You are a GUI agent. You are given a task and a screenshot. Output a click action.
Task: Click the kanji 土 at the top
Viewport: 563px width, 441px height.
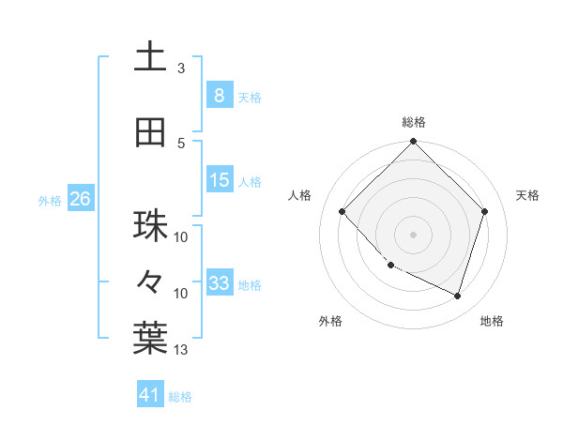pyautogui.click(x=150, y=57)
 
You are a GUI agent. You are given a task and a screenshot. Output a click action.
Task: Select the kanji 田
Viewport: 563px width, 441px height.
pyautogui.click(x=150, y=133)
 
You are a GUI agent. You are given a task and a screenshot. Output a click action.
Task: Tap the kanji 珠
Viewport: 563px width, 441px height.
pyautogui.click(x=150, y=226)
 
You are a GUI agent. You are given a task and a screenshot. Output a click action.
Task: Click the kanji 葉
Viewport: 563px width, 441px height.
pyautogui.click(x=150, y=339)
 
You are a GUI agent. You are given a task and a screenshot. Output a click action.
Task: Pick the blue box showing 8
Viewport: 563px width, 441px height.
pyautogui.click(x=219, y=95)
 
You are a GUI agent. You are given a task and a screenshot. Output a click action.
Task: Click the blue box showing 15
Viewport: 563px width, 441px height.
pyautogui.click(x=219, y=180)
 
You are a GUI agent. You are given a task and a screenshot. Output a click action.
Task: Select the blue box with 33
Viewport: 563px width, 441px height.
pyautogui.click(x=219, y=283)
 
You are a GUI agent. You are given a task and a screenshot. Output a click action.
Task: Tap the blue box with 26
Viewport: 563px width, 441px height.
pyautogui.click(x=80, y=199)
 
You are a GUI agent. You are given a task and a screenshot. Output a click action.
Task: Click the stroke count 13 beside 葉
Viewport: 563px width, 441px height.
pyautogui.click(x=181, y=350)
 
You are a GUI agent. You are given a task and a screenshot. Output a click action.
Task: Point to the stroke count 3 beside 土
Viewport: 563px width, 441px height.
pyautogui.click(x=181, y=68)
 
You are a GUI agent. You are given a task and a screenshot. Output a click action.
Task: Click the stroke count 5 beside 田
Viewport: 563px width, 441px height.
pyautogui.click(x=181, y=144)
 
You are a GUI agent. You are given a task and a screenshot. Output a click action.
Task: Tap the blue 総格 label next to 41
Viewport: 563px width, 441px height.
pyautogui.click(x=180, y=397)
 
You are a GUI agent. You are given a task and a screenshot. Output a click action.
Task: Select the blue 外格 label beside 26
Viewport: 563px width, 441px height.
pyautogui.click(x=49, y=200)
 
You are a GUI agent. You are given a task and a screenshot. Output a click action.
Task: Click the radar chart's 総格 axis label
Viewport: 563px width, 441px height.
pyautogui.click(x=413, y=122)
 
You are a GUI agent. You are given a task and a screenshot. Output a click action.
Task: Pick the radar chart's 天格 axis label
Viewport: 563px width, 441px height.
pyautogui.click(x=528, y=195)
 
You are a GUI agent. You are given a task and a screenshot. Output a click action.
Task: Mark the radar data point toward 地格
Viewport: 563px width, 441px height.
pyautogui.click(x=457, y=296)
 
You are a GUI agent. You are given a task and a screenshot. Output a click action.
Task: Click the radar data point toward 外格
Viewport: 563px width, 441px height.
pyautogui.click(x=390, y=266)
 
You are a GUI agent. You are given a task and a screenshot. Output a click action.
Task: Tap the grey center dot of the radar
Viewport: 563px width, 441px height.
pyautogui.click(x=413, y=235)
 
